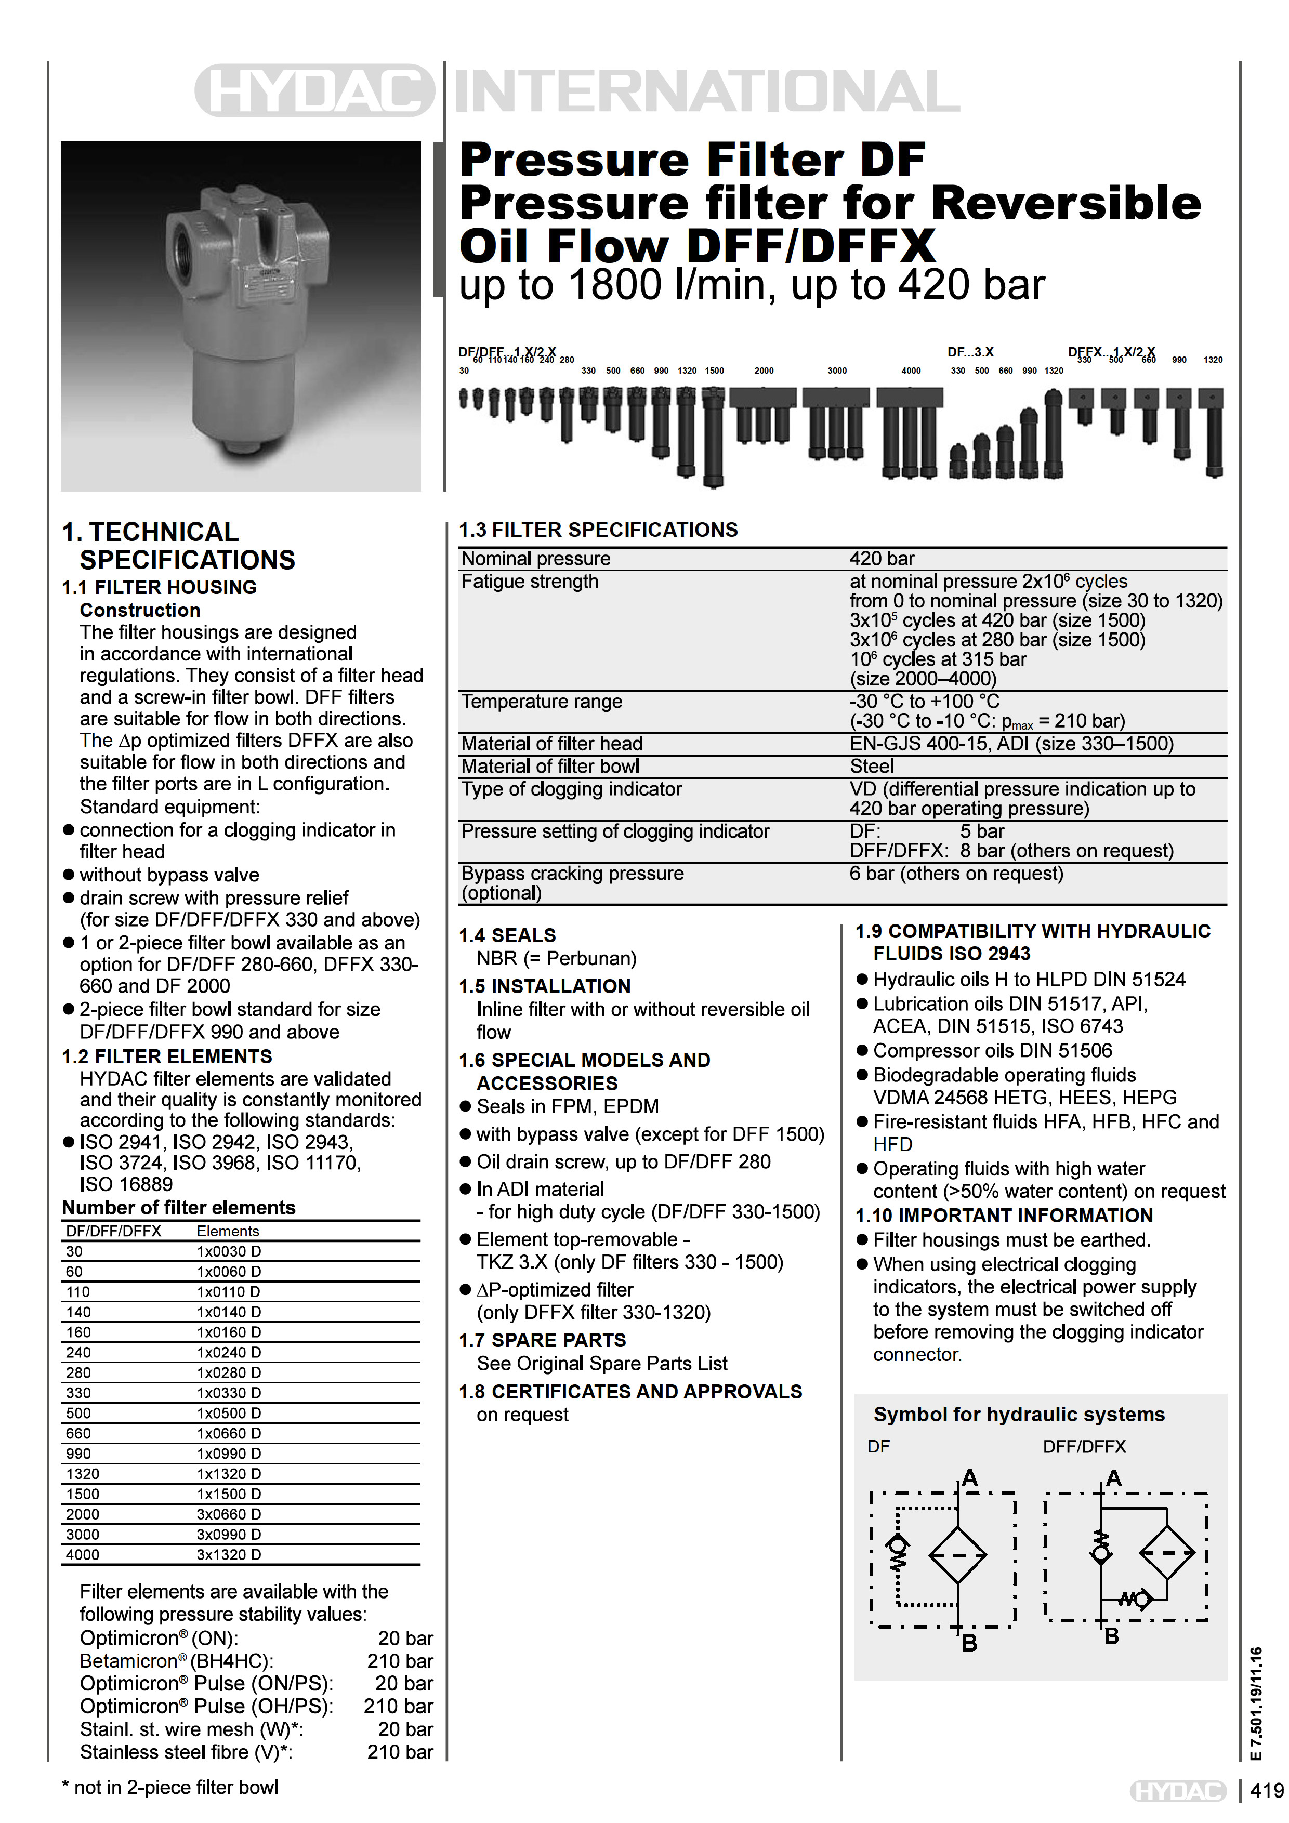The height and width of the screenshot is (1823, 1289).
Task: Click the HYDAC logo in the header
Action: pyautogui.click(x=314, y=90)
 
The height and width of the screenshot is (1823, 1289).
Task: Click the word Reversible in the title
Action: pyautogui.click(x=1066, y=203)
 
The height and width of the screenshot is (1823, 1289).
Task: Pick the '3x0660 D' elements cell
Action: pyautogui.click(x=229, y=1514)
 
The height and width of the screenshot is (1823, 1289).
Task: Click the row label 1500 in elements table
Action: pyautogui.click(x=83, y=1494)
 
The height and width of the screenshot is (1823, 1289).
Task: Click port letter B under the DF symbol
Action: pyautogui.click(x=969, y=1644)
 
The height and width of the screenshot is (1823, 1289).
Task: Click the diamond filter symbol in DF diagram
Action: pyautogui.click(x=958, y=1555)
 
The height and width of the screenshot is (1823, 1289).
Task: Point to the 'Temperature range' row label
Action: pyautogui.click(x=542, y=702)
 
